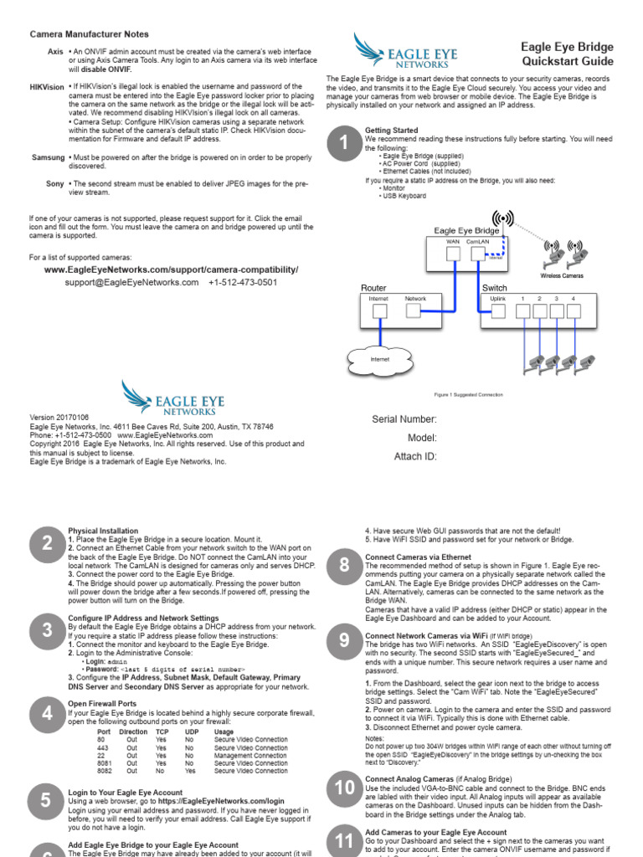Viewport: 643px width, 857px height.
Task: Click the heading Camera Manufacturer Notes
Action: pyautogui.click(x=90, y=34)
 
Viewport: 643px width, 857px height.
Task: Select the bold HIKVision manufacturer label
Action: pyautogui.click(x=47, y=87)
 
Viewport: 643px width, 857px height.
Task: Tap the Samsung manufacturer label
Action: pyautogui.click(x=48, y=157)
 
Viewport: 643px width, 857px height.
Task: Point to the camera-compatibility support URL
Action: pyautogui.click(x=171, y=270)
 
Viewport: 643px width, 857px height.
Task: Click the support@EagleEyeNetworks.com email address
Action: pyautogui.click(x=131, y=283)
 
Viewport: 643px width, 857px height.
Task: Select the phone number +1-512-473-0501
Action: pyautogui.click(x=243, y=283)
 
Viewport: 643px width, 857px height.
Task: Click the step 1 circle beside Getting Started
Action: pyautogui.click(x=342, y=144)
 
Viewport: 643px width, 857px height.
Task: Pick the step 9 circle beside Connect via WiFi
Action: pyautogui.click(x=344, y=641)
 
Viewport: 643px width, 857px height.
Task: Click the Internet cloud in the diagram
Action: pyautogui.click(x=380, y=360)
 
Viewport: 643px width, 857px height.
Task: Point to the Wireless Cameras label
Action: pyautogui.click(x=562, y=275)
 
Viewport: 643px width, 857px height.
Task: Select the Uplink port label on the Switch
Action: pyautogui.click(x=497, y=299)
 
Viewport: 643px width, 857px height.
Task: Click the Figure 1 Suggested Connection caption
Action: pyautogui.click(x=469, y=393)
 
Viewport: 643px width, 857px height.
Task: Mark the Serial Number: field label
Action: pyautogui.click(x=404, y=419)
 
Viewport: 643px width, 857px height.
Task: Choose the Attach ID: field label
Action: pyautogui.click(x=414, y=456)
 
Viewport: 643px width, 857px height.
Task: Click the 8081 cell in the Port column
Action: pyautogui.click(x=105, y=763)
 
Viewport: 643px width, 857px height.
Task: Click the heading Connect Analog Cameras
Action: pyautogui.click(x=414, y=779)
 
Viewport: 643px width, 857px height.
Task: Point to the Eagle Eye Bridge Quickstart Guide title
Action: pyautogui.click(x=568, y=54)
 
